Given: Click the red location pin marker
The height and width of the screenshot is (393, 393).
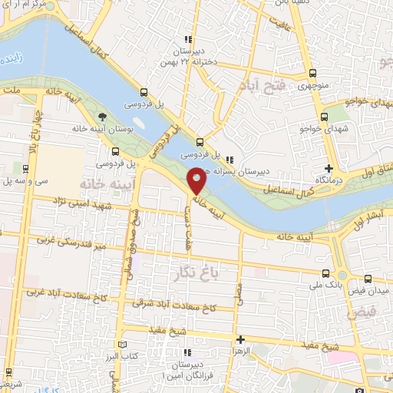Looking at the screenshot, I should pos(197,180).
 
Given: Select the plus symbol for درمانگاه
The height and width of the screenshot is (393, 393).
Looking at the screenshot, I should pos(329,168).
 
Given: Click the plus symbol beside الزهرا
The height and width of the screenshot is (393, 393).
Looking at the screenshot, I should pos(240,339).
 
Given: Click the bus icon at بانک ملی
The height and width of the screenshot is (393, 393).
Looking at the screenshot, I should pos(327,274).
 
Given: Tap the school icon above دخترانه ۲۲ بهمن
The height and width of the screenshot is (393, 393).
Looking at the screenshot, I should pos(187,41).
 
